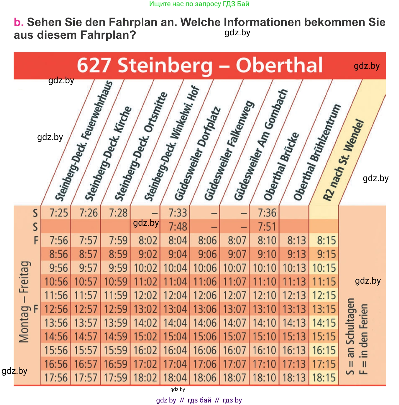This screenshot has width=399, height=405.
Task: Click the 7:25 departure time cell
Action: tap(59, 213)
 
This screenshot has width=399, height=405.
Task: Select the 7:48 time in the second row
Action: tap(178, 227)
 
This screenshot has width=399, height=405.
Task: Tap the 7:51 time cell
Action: tap(267, 227)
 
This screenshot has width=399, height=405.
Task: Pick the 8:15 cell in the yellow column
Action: tap(326, 240)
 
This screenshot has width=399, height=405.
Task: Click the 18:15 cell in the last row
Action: tap(324, 378)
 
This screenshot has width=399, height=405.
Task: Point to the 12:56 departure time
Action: tap(56, 309)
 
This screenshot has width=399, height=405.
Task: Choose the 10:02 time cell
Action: tap(145, 268)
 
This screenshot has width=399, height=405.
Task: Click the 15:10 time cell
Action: tap(264, 337)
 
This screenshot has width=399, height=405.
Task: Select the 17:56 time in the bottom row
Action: tap(56, 378)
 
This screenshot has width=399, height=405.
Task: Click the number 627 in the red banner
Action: tap(93, 66)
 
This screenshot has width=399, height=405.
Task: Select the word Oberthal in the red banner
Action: tap(279, 66)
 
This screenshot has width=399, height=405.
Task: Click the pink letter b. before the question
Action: tap(19, 22)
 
